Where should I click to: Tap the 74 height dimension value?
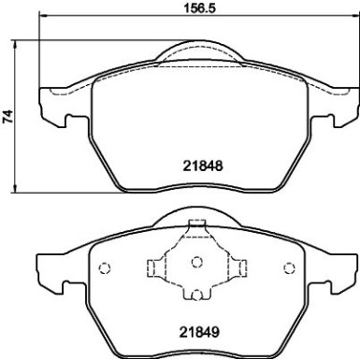[x=7, y=117]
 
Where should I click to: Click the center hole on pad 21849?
[x=196, y=263]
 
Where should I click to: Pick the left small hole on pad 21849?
[x=105, y=269]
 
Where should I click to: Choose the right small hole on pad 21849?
[x=288, y=269]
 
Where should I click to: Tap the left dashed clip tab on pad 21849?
[x=152, y=266]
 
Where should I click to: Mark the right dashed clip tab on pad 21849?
[x=240, y=266]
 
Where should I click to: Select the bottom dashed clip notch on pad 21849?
[x=196, y=295]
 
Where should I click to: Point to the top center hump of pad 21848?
[x=196, y=47]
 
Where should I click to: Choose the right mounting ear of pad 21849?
[x=341, y=272]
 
